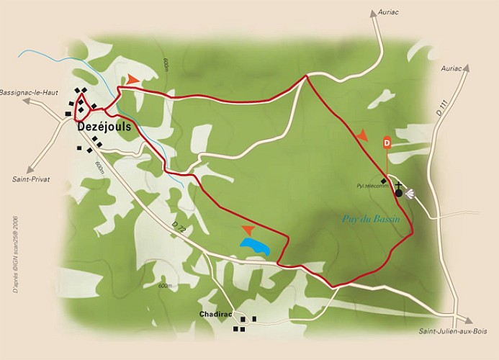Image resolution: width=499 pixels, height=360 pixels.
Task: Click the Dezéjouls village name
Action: pos(102,124)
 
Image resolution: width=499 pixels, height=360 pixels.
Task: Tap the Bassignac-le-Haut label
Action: pos(32,94)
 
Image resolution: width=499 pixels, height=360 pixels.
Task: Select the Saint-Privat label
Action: pos(30,179)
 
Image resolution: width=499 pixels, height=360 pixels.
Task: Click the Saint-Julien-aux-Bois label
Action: pos(449,331)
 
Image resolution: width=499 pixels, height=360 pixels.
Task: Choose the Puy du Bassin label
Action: pos(366,223)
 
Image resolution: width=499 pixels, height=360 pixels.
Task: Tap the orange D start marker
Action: pos(387,143)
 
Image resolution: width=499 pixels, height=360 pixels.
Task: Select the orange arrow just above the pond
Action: pos(248,230)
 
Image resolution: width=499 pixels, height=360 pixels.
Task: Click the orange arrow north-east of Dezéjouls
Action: pos(134,79)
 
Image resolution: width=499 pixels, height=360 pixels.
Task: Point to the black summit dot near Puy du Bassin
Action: pos(398,193)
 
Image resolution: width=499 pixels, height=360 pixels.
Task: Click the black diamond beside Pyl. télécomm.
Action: pos(384,180)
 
